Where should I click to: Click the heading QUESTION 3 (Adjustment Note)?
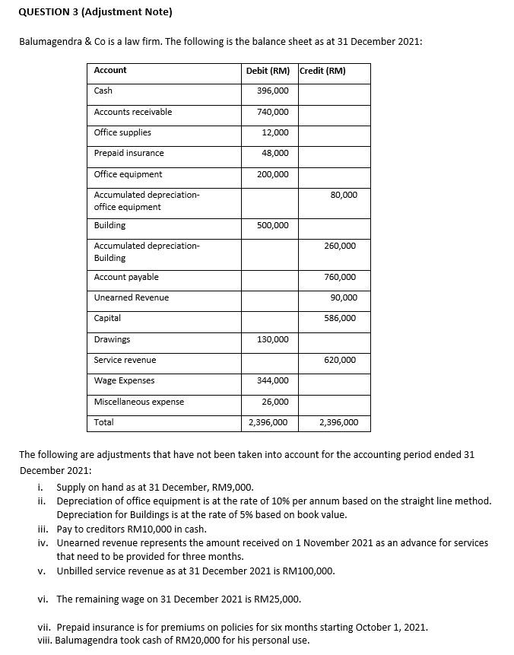coord(95,12)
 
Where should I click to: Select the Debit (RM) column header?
coord(268,71)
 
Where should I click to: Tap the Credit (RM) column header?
coord(323,71)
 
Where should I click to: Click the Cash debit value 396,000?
coord(274,91)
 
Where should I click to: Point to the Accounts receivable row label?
coord(133,112)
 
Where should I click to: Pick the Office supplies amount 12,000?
coord(275,132)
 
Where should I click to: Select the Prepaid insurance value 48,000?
coord(275,153)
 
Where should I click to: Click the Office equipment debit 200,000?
coord(274,174)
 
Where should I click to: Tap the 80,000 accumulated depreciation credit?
coord(344,195)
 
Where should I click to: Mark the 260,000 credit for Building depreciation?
coord(340,246)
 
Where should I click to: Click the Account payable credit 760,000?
coord(340,277)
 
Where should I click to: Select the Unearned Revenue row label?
coord(132,297)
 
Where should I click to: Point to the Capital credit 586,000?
coord(340,318)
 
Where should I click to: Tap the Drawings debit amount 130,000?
coord(274,339)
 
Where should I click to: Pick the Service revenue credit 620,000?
coord(340,360)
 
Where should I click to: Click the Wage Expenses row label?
coord(124,380)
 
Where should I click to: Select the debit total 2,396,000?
coord(268,422)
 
